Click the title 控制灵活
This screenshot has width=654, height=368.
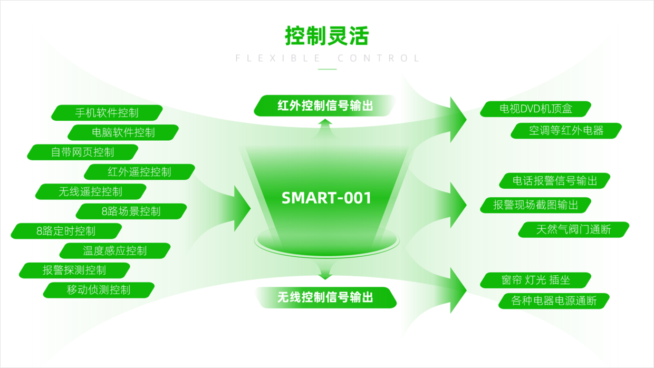(x=326, y=36)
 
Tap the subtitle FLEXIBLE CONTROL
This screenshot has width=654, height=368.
(x=328, y=58)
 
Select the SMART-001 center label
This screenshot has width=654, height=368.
(x=326, y=198)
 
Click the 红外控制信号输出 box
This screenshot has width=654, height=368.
(x=325, y=105)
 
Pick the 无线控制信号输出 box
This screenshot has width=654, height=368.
(x=325, y=297)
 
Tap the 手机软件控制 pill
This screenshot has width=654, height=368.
(x=107, y=113)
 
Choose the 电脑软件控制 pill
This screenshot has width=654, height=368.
(x=123, y=132)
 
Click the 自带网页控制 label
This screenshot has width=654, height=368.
(x=82, y=152)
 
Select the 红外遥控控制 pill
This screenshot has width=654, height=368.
(x=139, y=172)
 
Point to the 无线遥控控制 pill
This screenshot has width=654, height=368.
(x=91, y=191)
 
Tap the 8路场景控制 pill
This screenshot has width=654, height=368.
(x=131, y=211)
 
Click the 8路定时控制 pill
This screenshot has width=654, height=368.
(x=66, y=231)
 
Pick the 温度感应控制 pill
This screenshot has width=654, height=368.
(x=115, y=250)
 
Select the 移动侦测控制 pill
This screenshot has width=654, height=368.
(x=99, y=290)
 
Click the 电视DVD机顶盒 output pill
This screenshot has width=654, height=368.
(x=536, y=109)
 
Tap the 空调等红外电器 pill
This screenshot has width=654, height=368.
(x=566, y=131)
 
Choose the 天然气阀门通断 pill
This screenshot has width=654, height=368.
(x=574, y=230)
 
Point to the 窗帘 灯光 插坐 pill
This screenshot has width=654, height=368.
(x=536, y=280)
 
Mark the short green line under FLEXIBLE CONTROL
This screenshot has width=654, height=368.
(x=328, y=69)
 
